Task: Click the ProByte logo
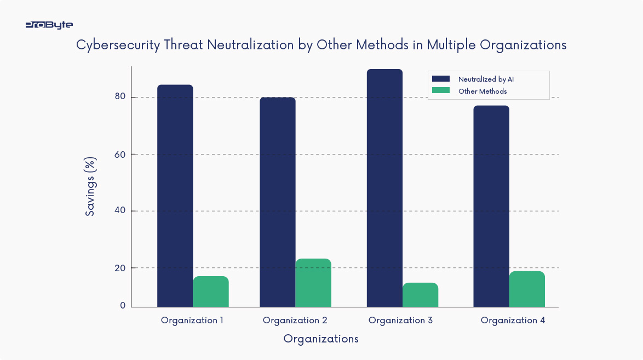coord(49,25)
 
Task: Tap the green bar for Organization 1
coord(210,292)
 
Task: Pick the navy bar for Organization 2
coord(277,202)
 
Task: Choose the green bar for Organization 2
coord(313,283)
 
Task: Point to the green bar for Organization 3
coord(420,295)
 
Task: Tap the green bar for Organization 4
coord(526,289)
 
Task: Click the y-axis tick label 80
coord(120,97)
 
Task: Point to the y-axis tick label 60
coord(120,154)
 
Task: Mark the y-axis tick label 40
coord(120,211)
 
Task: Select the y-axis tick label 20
coord(120,268)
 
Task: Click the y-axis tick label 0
coord(123,306)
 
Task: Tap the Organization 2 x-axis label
coord(295,321)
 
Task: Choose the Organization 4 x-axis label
coord(513,321)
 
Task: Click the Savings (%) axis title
coord(91,186)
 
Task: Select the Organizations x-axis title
coord(320,339)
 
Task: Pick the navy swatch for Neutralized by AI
coord(440,79)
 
